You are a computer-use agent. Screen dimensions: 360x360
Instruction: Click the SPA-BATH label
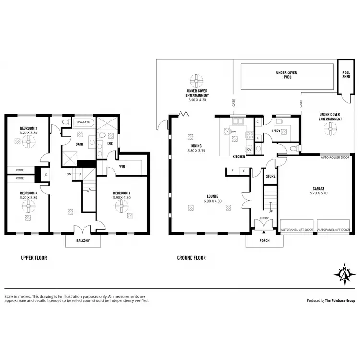tap(83, 123)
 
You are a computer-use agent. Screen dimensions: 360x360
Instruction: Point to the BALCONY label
tap(83, 240)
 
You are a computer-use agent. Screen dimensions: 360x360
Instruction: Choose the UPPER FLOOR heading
tap(34, 258)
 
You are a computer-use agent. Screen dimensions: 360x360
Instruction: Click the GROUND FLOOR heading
tap(191, 258)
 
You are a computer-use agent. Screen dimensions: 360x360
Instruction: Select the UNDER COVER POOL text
tap(287, 75)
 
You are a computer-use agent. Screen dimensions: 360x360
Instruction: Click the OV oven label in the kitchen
tap(249, 148)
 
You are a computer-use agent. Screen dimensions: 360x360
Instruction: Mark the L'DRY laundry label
tap(276, 131)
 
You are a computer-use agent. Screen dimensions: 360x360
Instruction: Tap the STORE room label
tap(271, 177)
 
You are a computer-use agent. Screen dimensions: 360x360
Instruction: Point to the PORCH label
tap(264, 240)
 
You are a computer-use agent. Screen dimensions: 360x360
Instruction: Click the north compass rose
tap(344, 274)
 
